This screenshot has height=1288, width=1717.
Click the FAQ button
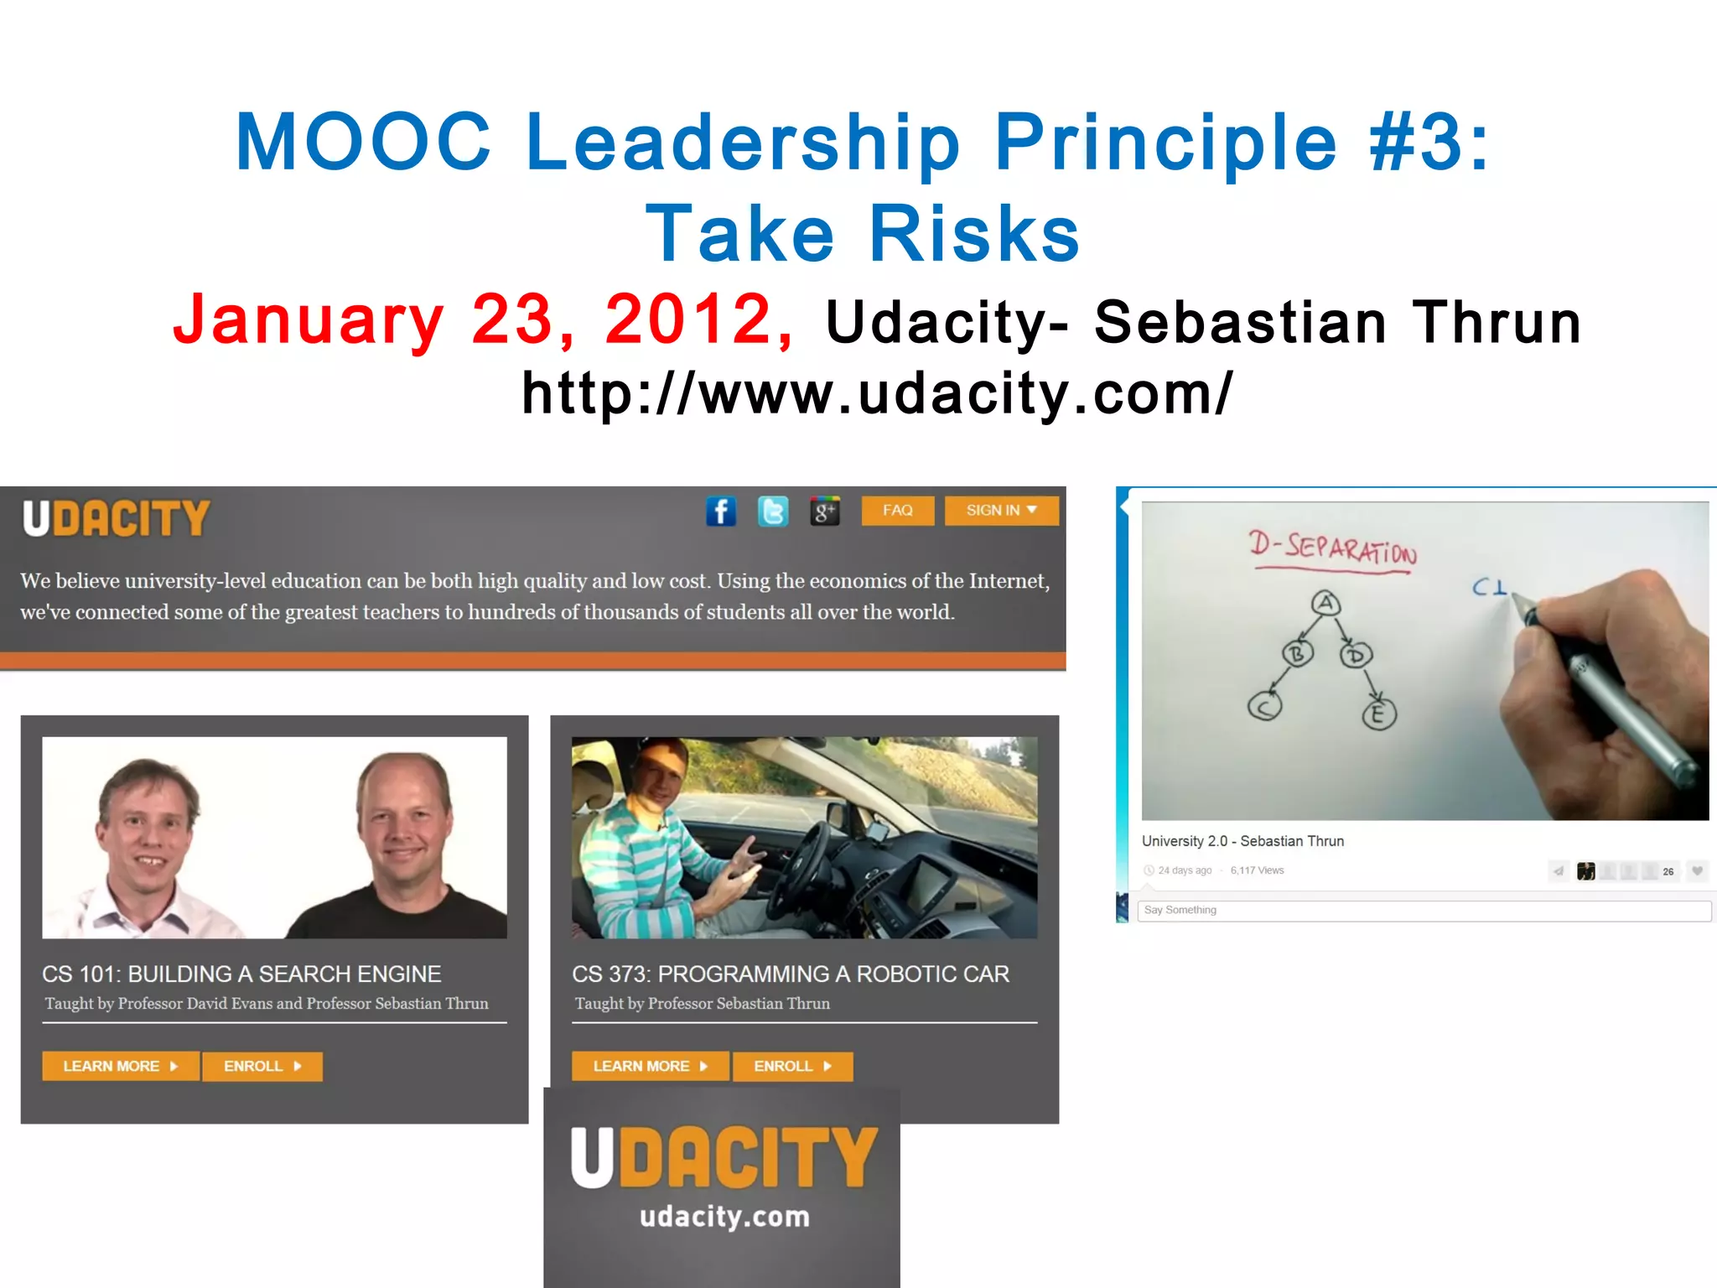click(x=897, y=511)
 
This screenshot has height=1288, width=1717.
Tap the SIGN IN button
click(x=1001, y=511)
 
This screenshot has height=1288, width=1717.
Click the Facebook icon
click(x=721, y=511)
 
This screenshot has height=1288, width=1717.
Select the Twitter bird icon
click(x=773, y=511)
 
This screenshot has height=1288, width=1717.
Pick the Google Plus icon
click(x=825, y=511)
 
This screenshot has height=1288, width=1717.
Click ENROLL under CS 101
click(x=262, y=1067)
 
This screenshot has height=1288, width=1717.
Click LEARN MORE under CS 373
click(x=650, y=1067)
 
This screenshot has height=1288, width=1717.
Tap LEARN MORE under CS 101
click(x=120, y=1067)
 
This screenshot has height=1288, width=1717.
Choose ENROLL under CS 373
click(x=792, y=1067)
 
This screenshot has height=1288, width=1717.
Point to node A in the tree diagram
click(x=1325, y=603)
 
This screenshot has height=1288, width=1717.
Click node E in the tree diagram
click(x=1378, y=714)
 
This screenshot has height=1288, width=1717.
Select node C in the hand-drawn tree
click(x=1264, y=707)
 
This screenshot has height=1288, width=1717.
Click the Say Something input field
click(x=1424, y=911)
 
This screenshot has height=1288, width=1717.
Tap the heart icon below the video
click(x=1697, y=871)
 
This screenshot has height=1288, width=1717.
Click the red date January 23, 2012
click(x=483, y=319)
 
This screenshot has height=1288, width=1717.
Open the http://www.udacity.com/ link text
click(x=877, y=393)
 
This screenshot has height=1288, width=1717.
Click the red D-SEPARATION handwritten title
click(x=1333, y=549)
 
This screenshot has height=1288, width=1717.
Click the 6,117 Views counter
click(x=1257, y=870)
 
